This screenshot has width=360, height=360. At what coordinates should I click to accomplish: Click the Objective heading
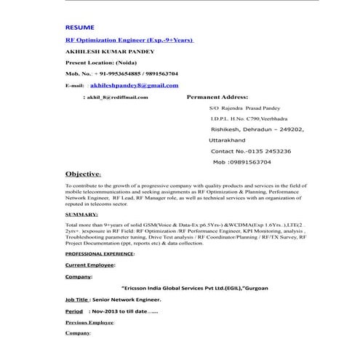coord(83,175)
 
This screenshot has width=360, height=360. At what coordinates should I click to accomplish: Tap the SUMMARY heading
coord(81,215)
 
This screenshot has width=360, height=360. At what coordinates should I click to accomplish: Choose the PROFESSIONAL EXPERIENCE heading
coord(100,255)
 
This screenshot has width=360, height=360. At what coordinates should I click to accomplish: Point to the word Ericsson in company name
coord(141,288)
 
